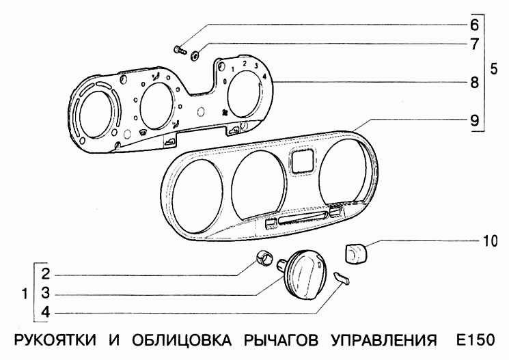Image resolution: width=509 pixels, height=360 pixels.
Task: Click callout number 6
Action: [x=473, y=25]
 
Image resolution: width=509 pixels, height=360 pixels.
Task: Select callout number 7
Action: [x=473, y=44]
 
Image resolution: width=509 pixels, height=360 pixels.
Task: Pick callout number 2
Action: [x=45, y=275]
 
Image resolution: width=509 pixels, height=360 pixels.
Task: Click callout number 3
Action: [x=45, y=294]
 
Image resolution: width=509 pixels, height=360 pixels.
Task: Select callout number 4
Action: [x=45, y=313]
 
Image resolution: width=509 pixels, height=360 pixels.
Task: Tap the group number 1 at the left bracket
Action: [x=25, y=294]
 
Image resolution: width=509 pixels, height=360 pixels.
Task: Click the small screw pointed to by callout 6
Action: [x=179, y=49]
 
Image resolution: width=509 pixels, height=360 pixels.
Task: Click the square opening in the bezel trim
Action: [x=301, y=161]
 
